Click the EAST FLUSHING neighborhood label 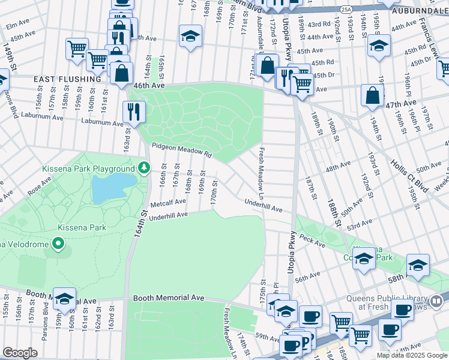tap(67, 79)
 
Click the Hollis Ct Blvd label tap(414, 174)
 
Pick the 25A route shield tap(345, 10)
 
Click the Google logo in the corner tap(20, 353)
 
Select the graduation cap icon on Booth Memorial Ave tap(64, 299)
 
